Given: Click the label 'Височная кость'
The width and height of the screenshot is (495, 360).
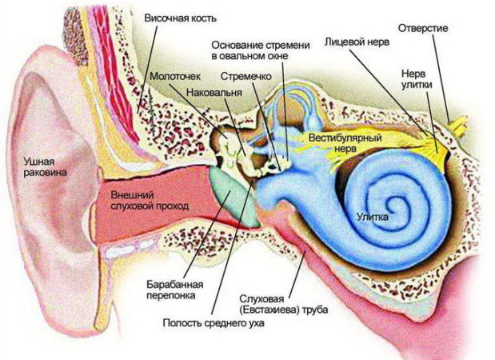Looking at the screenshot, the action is pos(180,18).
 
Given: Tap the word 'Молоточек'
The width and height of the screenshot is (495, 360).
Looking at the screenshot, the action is pos(175,77).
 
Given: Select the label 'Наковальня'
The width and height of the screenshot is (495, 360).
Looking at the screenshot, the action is pos(214,93).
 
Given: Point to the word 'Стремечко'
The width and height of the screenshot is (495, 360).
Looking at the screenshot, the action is pos(246,77).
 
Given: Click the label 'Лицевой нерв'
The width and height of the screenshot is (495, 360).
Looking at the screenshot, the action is pos(357,42).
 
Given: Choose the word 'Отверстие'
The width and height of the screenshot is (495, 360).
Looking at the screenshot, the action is pos(423,28).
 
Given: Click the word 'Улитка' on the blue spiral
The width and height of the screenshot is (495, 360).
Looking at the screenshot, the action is pos(373,217).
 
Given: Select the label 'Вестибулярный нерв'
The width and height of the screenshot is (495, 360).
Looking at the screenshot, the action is pos(345,142).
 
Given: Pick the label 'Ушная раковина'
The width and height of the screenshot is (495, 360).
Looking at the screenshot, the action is pos(46,167).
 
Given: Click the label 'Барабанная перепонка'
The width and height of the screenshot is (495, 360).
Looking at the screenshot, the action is pos(175,290).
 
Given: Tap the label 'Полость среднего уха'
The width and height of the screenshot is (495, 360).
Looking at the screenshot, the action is pos(214,322).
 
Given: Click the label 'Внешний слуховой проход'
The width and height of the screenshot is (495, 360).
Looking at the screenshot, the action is pos(150,200).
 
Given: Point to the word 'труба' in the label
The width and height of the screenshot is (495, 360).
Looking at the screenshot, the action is pos(314,310).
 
